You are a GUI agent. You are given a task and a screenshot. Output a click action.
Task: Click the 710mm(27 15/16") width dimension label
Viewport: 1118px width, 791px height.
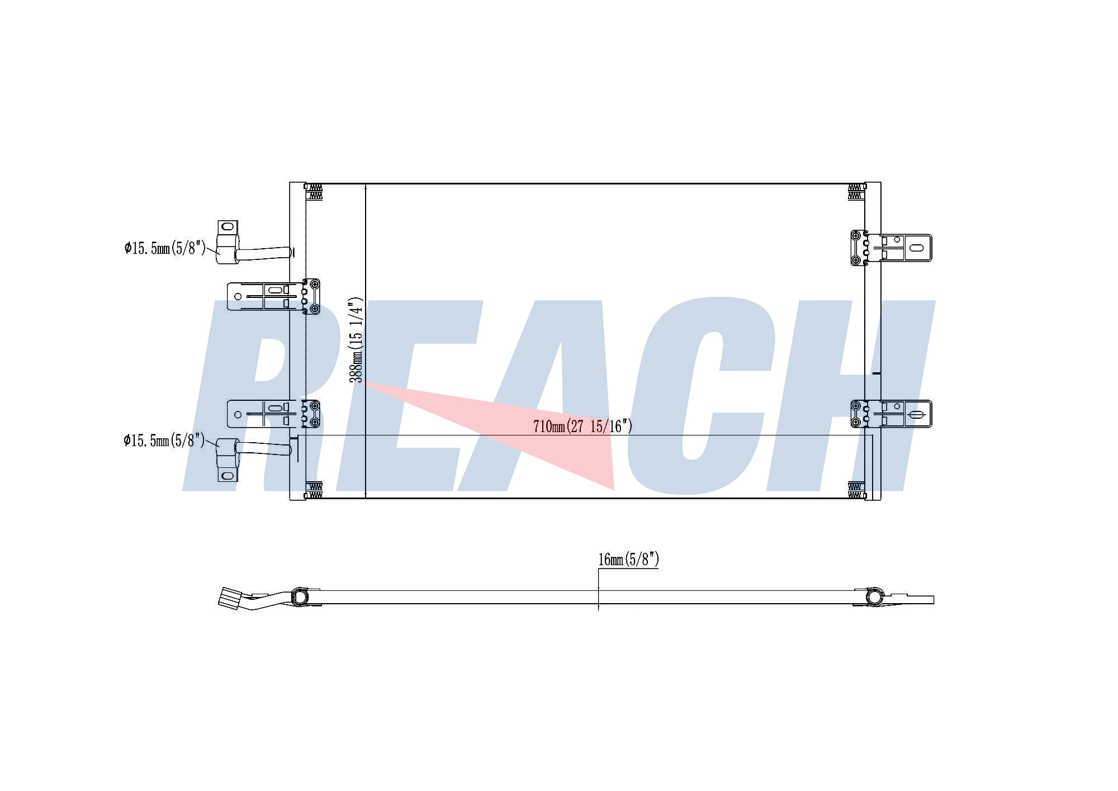[582, 427]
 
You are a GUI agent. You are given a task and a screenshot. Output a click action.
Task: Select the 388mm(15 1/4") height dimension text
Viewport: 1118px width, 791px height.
[357, 340]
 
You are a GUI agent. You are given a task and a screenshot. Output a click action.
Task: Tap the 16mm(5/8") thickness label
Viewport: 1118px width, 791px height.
[629, 559]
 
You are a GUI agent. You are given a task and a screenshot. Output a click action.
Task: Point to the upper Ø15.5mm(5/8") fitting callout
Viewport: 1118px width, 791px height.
[165, 248]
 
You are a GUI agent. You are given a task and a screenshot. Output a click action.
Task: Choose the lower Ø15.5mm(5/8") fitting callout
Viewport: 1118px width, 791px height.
[164, 441]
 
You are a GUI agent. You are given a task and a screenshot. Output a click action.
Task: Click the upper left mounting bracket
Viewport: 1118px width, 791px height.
[273, 296]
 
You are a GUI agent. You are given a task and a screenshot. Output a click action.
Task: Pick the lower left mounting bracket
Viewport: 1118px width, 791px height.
[273, 414]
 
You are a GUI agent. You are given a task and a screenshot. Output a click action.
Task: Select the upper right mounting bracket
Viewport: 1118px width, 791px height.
[891, 248]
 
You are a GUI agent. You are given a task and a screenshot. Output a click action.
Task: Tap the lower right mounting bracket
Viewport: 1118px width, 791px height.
[891, 414]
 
